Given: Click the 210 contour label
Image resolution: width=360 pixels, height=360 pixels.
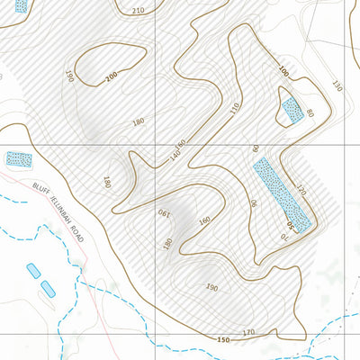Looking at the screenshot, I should pos(137,11).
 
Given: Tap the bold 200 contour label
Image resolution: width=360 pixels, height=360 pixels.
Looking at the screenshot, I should pos(112,78).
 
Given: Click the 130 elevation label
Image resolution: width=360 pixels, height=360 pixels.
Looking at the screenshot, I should pos(337,86).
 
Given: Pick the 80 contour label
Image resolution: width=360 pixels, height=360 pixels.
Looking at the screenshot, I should pos(309,112).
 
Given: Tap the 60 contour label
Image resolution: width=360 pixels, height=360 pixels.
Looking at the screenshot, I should pos(256,148).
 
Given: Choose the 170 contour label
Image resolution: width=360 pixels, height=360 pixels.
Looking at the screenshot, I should pos(248,333).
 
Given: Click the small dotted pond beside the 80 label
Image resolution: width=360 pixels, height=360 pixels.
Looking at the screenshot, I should pos(292,111).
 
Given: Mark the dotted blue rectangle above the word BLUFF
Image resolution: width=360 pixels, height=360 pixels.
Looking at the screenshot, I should pos(18,159).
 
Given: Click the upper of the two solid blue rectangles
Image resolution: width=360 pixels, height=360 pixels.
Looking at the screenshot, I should pos(34,270).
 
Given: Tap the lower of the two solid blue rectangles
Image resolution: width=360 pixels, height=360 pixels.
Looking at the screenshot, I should pos(49,288).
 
